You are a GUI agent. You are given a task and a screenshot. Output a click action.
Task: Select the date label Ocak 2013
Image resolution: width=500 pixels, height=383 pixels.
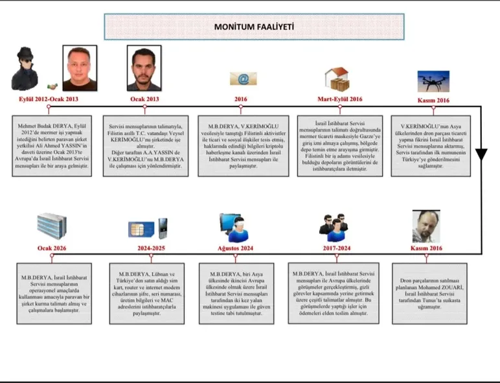tap(144, 99)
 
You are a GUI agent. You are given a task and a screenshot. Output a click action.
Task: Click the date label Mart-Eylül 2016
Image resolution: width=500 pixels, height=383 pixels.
tap(339, 99)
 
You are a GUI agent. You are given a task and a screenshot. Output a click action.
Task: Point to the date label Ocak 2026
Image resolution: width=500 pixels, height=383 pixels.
tap(53, 248)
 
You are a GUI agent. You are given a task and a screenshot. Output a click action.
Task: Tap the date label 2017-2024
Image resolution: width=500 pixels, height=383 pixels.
tap(337, 248)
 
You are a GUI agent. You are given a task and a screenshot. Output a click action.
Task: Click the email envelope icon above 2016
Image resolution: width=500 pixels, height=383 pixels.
tap(239, 79)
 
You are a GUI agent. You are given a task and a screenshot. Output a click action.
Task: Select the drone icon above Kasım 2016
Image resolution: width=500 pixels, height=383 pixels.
tap(433, 81)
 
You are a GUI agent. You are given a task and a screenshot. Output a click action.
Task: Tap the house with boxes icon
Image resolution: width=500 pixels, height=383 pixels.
tap(337, 79)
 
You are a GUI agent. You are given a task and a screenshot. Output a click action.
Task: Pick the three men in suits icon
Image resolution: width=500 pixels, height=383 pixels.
tap(334, 224)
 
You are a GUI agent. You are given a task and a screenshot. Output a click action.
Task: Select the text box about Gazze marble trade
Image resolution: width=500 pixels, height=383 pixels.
tap(339, 146)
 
